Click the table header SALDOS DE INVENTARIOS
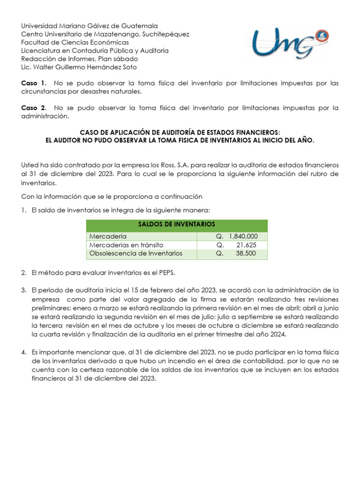[177, 224]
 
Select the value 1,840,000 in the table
[244, 236]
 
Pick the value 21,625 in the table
[246, 245]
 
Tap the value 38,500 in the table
[246, 254]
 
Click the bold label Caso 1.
[34, 83]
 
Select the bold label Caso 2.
[34, 108]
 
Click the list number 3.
[23, 291]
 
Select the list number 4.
[23, 352]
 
